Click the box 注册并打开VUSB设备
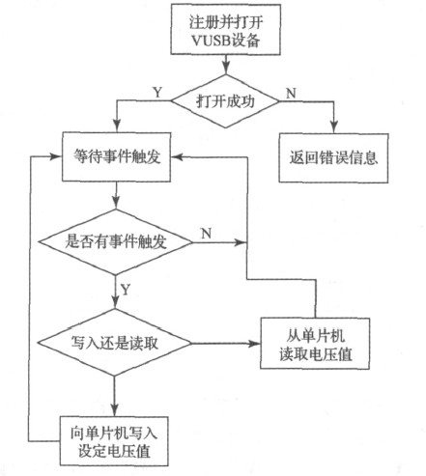(226, 32)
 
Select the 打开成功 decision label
(226, 101)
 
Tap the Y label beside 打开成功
(158, 93)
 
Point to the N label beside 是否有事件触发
(205, 233)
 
